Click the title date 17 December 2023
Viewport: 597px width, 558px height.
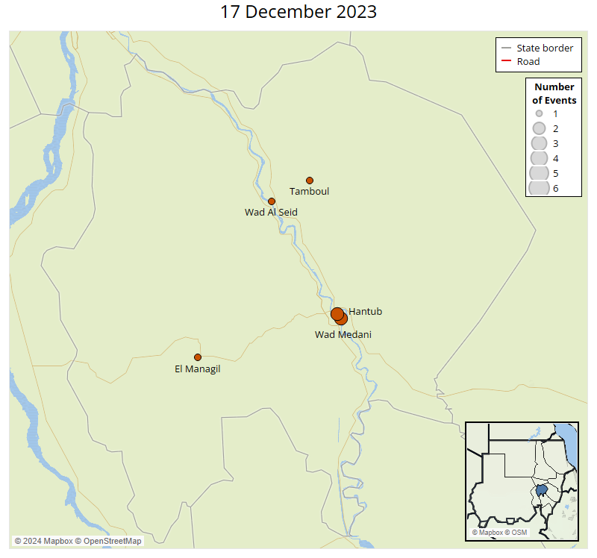pyautogui.click(x=298, y=12)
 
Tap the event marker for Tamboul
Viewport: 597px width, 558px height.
pyautogui.click(x=310, y=181)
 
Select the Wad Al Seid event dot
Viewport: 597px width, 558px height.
pyautogui.click(x=272, y=201)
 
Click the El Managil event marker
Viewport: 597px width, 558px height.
pyautogui.click(x=198, y=357)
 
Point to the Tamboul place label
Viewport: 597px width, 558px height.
pyautogui.click(x=309, y=192)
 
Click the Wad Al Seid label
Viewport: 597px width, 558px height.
pyautogui.click(x=271, y=213)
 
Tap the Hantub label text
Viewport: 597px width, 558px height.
pyautogui.click(x=366, y=312)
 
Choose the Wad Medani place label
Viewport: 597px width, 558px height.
pyautogui.click(x=343, y=335)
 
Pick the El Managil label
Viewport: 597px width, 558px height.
pyautogui.click(x=198, y=369)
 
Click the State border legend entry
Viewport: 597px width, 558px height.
pyautogui.click(x=545, y=48)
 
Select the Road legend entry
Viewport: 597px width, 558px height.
pyautogui.click(x=528, y=62)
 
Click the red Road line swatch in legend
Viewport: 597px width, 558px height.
pyautogui.click(x=506, y=62)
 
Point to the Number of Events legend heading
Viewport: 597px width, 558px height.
pyautogui.click(x=554, y=94)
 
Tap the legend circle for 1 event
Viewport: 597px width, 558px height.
pyautogui.click(x=539, y=114)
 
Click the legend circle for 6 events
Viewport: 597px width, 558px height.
pyautogui.click(x=539, y=188)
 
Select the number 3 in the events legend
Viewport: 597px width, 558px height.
pyautogui.click(x=555, y=143)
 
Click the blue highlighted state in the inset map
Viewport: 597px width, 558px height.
pyautogui.click(x=542, y=492)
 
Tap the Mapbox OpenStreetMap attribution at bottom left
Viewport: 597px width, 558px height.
pyautogui.click(x=78, y=541)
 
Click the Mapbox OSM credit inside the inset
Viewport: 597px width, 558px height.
pyautogui.click(x=501, y=533)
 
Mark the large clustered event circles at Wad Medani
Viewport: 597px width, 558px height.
pyautogui.click(x=339, y=316)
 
